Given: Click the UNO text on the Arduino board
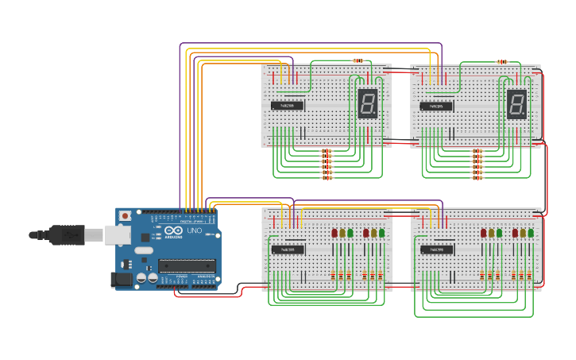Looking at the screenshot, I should coord(194,231).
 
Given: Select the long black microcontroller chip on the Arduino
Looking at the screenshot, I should coord(187,265).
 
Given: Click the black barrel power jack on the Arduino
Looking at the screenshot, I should coord(122,279).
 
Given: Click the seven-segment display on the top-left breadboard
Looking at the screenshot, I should coord(367,104).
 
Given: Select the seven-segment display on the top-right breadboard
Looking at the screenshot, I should coord(516,104).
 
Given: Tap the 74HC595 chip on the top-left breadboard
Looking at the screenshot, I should coord(287,105).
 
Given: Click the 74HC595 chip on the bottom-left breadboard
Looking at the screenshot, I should coord(287,250).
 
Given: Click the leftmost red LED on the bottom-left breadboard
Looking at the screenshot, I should coord(334,233).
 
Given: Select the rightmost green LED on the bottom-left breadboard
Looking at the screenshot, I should coord(382,233).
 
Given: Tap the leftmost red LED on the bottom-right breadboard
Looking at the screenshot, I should coord(483,233).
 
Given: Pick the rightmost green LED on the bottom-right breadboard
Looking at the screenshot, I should coord(532,233).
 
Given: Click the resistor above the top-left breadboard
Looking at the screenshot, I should coord(358,60).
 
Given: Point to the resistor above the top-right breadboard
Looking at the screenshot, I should coord(502,61).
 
